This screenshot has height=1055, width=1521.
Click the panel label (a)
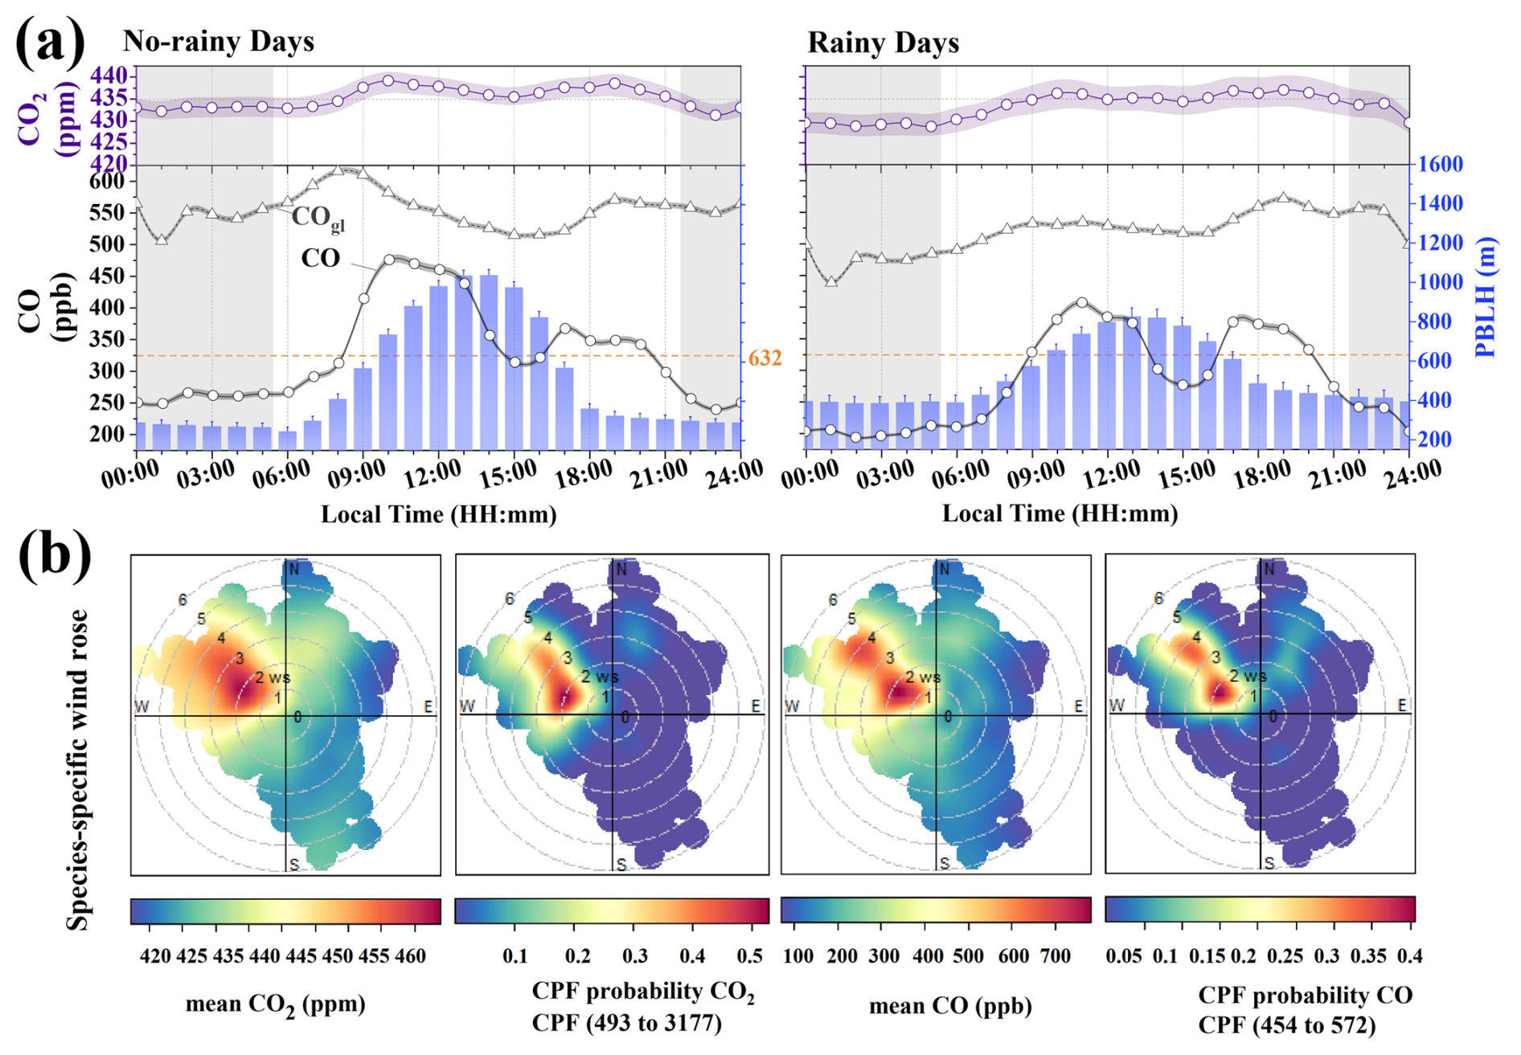click(50, 42)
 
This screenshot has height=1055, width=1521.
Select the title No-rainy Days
click(218, 41)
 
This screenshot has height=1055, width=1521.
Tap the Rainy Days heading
click(883, 42)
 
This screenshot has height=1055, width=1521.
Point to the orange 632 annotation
click(765, 358)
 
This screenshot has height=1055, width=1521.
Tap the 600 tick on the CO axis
click(108, 182)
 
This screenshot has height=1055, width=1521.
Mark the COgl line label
click(318, 218)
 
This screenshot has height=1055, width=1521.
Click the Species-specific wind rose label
click(78, 769)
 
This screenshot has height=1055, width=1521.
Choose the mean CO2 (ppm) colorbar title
click(275, 1004)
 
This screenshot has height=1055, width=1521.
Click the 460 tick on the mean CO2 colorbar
click(411, 956)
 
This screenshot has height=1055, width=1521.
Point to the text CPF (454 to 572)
click(1286, 1025)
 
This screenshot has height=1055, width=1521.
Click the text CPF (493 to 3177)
click(626, 1023)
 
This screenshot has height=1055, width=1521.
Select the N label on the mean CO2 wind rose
click(293, 570)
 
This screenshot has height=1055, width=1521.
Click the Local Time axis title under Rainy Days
click(1060, 514)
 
